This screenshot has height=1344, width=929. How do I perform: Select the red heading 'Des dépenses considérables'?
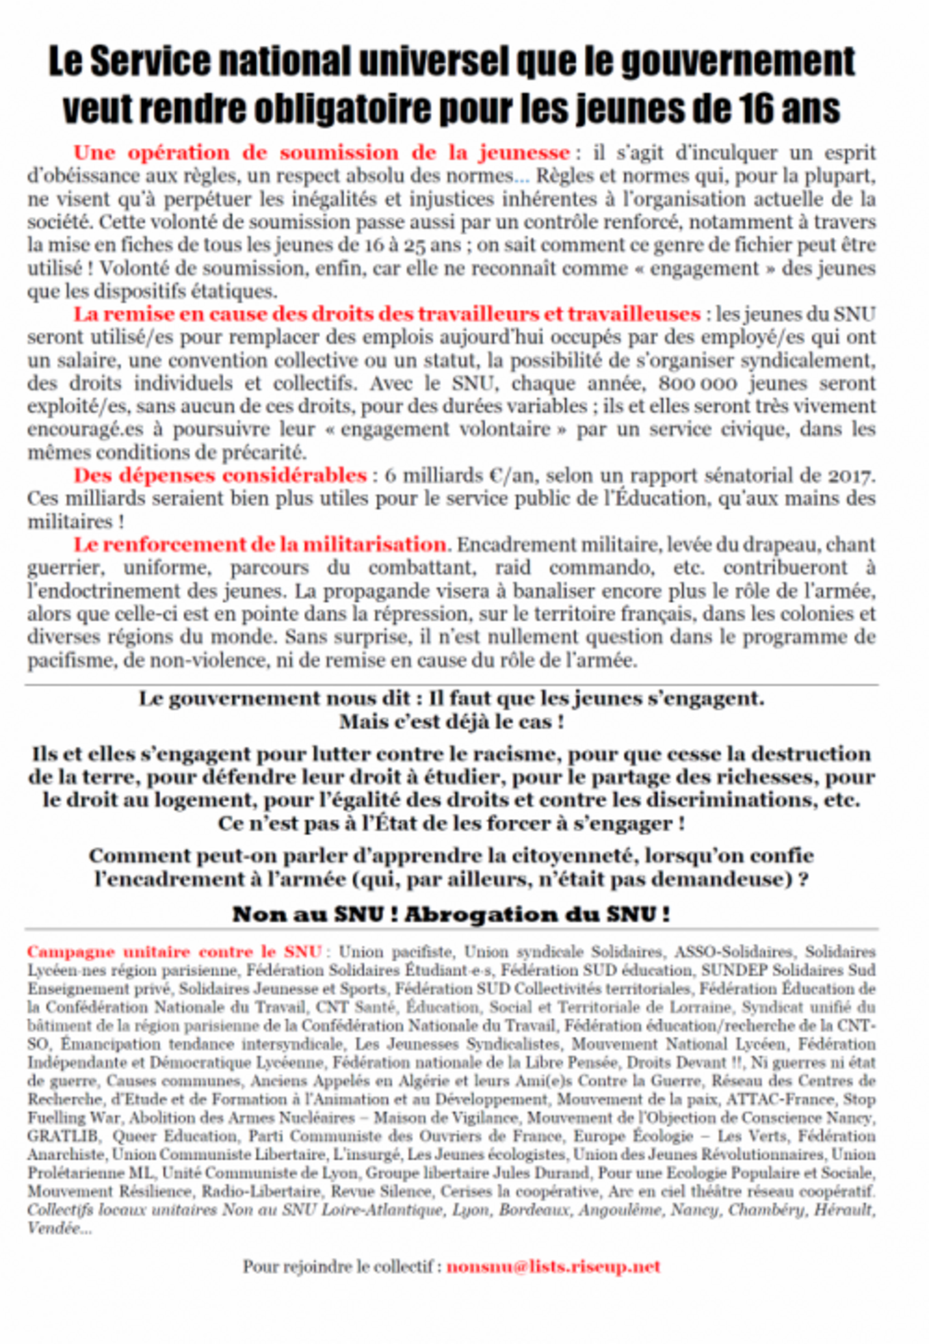tap(220, 475)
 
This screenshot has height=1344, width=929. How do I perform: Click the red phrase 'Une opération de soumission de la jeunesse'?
tap(321, 153)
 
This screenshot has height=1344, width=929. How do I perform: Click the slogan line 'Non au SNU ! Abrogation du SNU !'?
tap(451, 914)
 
